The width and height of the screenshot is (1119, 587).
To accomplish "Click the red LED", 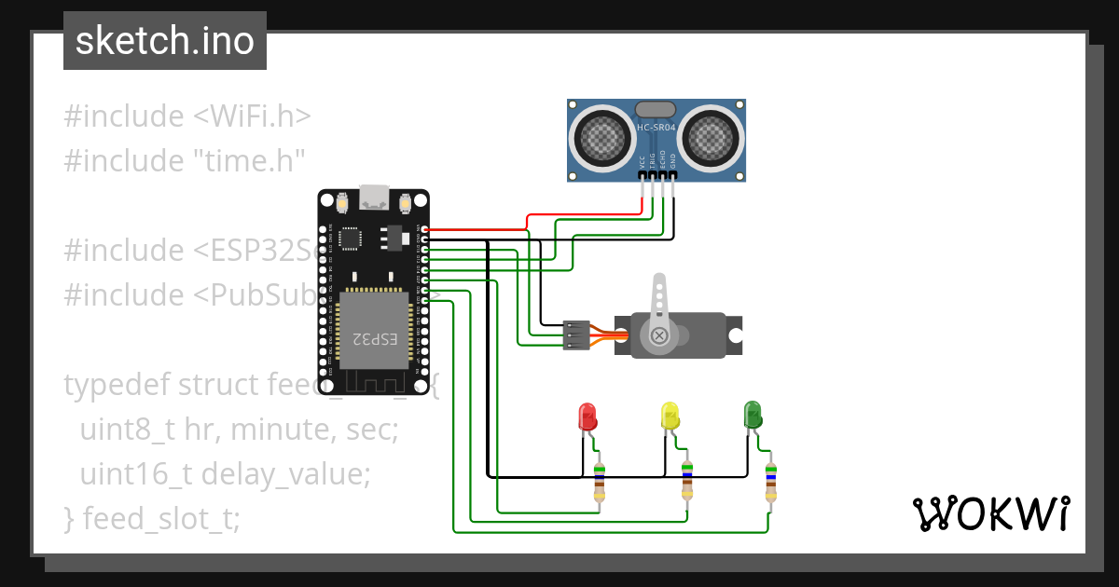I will (587, 416).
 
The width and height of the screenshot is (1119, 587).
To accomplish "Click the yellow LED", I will (670, 416).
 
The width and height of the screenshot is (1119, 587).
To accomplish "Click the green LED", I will (753, 415).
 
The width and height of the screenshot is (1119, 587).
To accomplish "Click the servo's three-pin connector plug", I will (576, 334).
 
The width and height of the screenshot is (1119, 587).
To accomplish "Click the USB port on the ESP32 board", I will (374, 197).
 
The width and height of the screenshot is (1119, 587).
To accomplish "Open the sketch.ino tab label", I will (165, 41).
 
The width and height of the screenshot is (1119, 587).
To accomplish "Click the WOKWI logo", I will (990, 513).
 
